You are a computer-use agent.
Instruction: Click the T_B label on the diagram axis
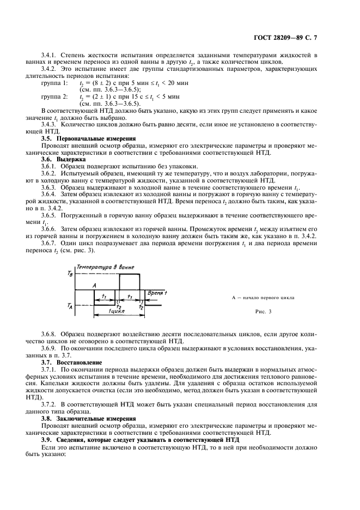point(69,274)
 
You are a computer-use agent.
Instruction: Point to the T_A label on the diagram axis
point(69,306)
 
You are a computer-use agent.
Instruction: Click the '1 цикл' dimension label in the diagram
point(115,311)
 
